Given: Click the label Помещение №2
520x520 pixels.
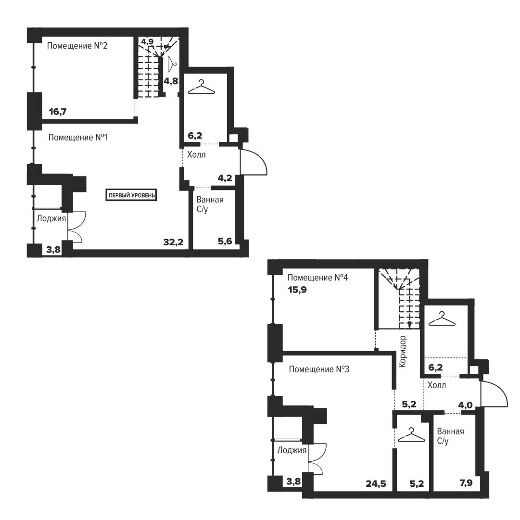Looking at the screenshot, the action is pyautogui.click(x=77, y=46).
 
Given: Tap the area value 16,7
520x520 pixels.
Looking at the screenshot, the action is pyautogui.click(x=58, y=112).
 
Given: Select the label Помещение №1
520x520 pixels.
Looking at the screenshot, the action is pyautogui.click(x=78, y=137).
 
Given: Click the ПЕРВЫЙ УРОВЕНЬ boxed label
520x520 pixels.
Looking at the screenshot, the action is pyautogui.click(x=132, y=195).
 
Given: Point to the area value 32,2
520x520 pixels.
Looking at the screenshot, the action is pyautogui.click(x=173, y=242).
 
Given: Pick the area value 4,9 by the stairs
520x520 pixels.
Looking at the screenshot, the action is pyautogui.click(x=147, y=42).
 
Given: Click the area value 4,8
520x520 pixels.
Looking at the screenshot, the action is pyautogui.click(x=171, y=81).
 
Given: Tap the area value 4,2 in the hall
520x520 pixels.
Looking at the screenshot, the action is pyautogui.click(x=225, y=178).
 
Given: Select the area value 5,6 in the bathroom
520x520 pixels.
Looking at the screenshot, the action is pyautogui.click(x=225, y=241).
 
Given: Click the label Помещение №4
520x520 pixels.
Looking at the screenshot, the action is pyautogui.click(x=317, y=278).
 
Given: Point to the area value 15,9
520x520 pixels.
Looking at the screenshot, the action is pyautogui.click(x=297, y=290).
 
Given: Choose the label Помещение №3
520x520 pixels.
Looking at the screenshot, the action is pyautogui.click(x=319, y=369).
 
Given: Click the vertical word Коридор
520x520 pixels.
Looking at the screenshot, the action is pyautogui.click(x=402, y=352).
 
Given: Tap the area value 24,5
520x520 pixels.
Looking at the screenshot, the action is pyautogui.click(x=376, y=484).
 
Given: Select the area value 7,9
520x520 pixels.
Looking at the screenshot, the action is pyautogui.click(x=466, y=483).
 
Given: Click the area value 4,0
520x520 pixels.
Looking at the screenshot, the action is pyautogui.click(x=465, y=405).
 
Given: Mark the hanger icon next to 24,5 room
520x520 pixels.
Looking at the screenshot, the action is pyautogui.click(x=411, y=435).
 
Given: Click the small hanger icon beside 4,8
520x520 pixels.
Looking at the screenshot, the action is pyautogui.click(x=171, y=64).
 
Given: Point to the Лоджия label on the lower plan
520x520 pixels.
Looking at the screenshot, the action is pyautogui.click(x=292, y=450).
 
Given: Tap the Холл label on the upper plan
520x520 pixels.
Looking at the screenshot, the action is pyautogui.click(x=196, y=154).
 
